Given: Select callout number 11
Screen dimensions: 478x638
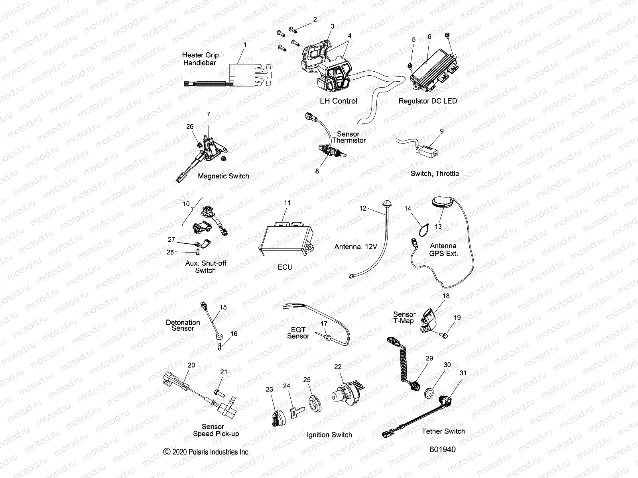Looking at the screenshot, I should pyautogui.click(x=287, y=202).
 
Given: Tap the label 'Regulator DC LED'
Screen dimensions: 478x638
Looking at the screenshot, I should pyautogui.click(x=427, y=101).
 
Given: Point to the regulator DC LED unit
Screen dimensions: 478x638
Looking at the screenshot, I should pyautogui.click(x=436, y=68).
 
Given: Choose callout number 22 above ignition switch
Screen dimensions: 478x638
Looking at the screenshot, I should pyautogui.click(x=338, y=366).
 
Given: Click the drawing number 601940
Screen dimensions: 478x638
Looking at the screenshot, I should pyautogui.click(x=442, y=449).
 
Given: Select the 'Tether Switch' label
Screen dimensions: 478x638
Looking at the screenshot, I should pyautogui.click(x=443, y=431).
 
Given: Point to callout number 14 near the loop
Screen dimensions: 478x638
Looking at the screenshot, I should pyautogui.click(x=408, y=208).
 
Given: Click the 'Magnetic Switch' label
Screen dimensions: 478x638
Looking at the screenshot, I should pyautogui.click(x=223, y=176).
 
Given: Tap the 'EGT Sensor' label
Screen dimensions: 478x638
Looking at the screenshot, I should pyautogui.click(x=298, y=333).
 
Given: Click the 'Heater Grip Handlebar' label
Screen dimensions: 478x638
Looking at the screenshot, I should pyautogui.click(x=200, y=59).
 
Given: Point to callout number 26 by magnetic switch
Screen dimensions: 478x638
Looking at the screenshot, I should pyautogui.click(x=190, y=126).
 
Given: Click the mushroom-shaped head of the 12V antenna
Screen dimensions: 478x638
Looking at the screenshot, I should pyautogui.click(x=386, y=204).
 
